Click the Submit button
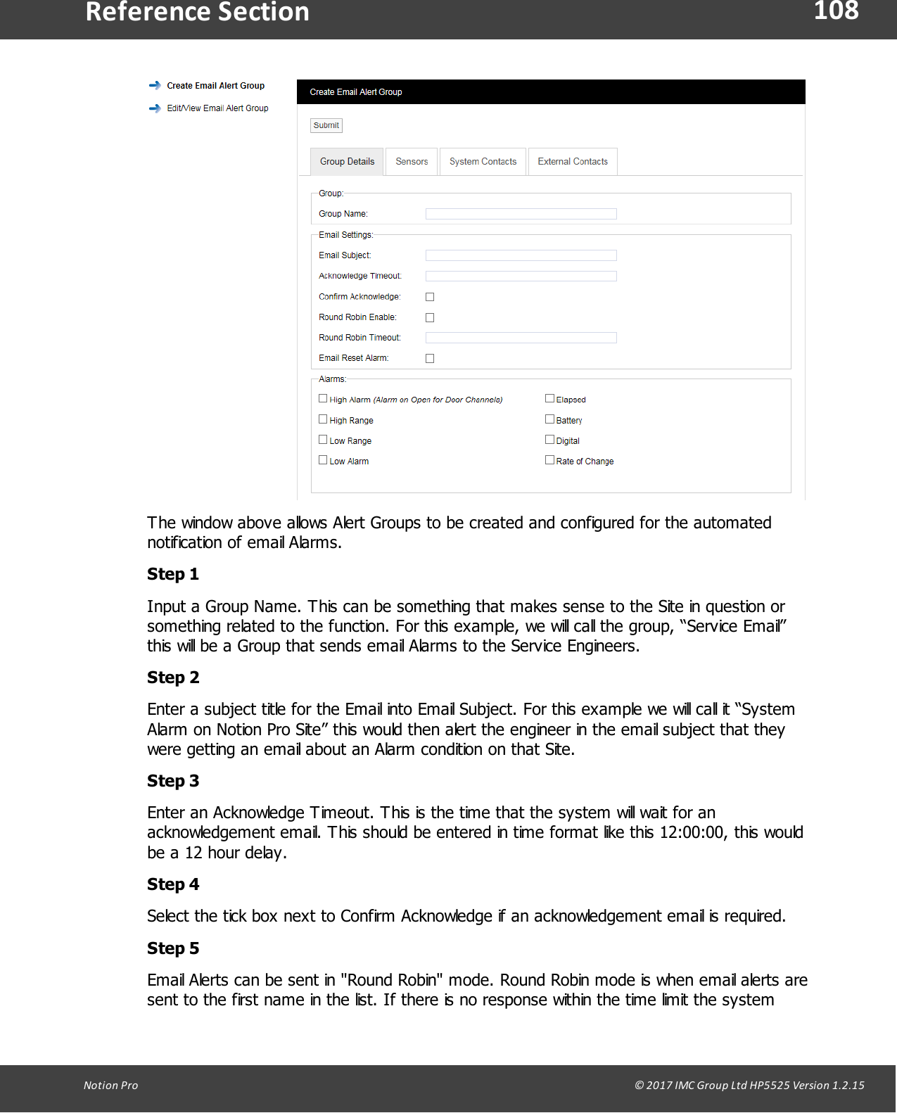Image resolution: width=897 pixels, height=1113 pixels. click(326, 125)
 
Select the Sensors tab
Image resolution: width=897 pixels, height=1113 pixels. click(412, 162)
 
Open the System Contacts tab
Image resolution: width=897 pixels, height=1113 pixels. click(483, 162)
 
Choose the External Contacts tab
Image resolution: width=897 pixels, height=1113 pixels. click(573, 162)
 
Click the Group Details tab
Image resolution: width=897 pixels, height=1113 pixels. click(347, 162)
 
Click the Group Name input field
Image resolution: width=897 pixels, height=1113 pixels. click(521, 214)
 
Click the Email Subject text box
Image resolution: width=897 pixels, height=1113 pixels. click(521, 255)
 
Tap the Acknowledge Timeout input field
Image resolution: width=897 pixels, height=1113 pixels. click(521, 276)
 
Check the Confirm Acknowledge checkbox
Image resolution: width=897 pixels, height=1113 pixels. click(430, 297)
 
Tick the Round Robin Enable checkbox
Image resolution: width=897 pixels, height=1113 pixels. click(430, 317)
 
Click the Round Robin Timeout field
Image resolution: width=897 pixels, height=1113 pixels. click(521, 338)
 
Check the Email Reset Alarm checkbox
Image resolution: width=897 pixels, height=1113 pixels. click(430, 358)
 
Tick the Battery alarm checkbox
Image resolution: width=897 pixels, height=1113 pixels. click(549, 419)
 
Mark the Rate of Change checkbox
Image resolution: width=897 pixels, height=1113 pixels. click(549, 460)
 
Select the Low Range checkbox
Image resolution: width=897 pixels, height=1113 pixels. click(323, 440)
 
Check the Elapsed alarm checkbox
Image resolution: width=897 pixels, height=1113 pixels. click(549, 398)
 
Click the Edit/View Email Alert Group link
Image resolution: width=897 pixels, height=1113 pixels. click(217, 108)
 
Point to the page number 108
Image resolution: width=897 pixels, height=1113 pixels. click(836, 11)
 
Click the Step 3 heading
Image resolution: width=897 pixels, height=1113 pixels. click(173, 781)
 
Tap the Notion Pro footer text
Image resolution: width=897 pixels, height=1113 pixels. click(110, 1085)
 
